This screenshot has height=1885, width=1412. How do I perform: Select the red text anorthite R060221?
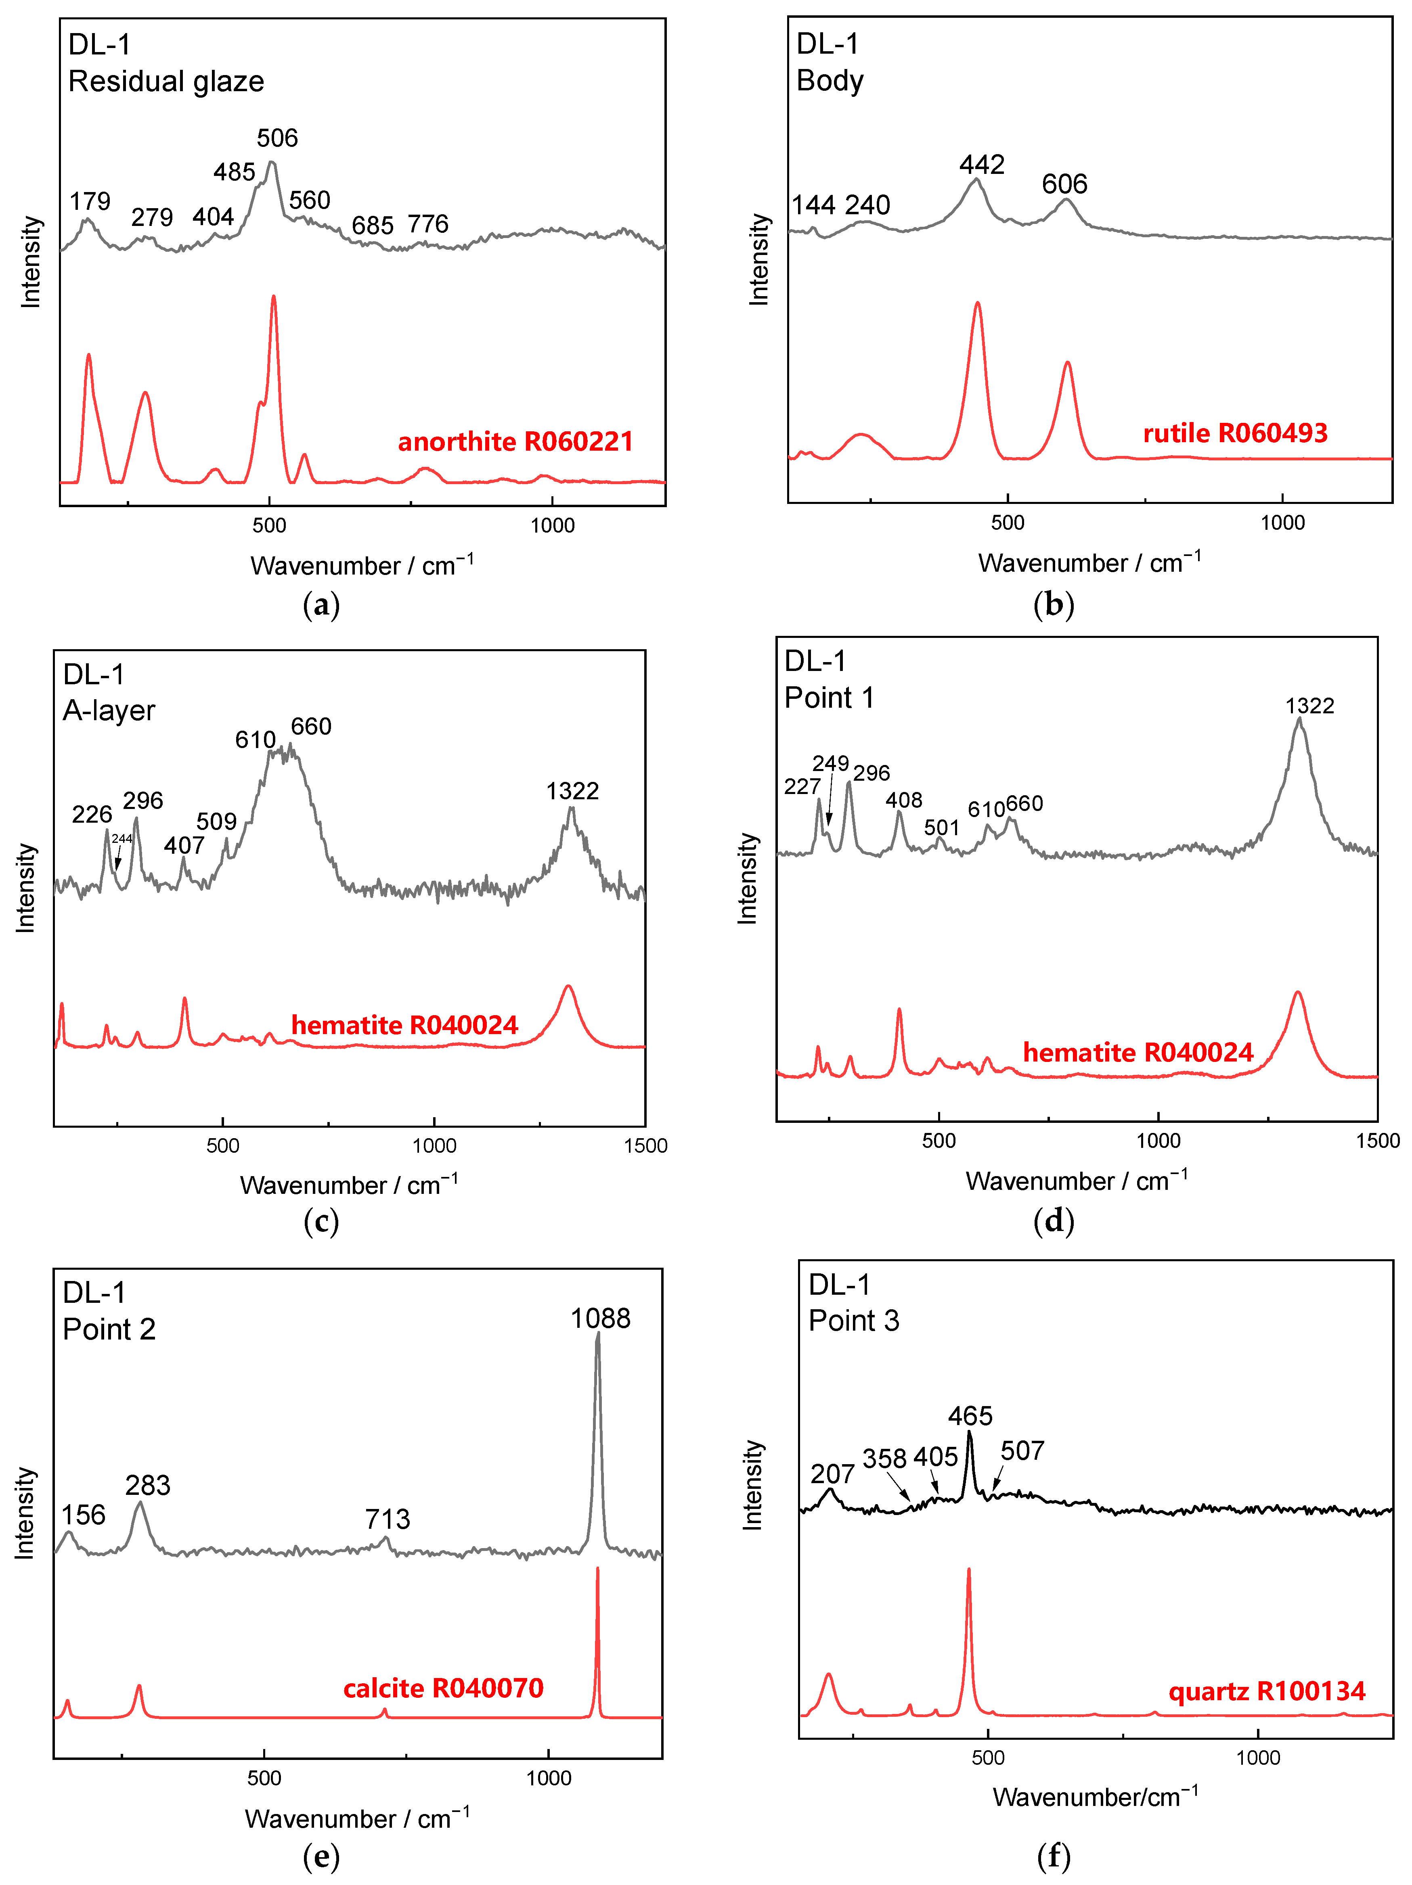[x=515, y=441]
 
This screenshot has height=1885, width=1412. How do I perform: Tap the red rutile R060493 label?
[x=1235, y=433]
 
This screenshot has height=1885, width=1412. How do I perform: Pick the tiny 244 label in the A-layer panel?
[x=122, y=838]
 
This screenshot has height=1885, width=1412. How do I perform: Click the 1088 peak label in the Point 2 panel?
[x=600, y=1318]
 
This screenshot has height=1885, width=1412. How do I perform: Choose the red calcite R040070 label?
[x=443, y=1688]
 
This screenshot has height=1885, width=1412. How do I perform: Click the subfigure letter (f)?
[x=1054, y=1856]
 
